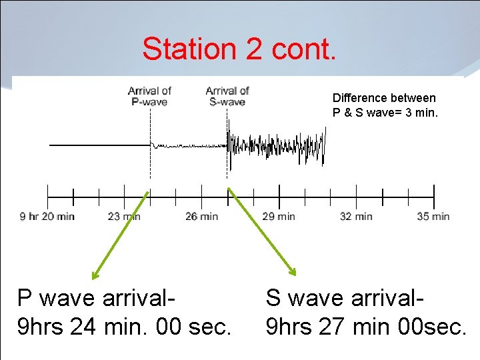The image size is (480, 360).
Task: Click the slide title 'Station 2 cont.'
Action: [x=239, y=49]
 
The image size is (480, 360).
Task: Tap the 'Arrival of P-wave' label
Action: [x=149, y=96]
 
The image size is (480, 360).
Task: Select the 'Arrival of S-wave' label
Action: [x=227, y=96]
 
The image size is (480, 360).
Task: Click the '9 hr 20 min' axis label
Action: [x=47, y=216]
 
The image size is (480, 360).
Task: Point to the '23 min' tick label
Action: [x=124, y=216]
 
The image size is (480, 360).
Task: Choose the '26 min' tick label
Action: [x=201, y=216]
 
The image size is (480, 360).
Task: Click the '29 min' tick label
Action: [x=279, y=216]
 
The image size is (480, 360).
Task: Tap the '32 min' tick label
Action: [x=356, y=216]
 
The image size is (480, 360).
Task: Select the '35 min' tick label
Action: [x=433, y=216]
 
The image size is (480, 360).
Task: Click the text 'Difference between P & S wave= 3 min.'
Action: [x=385, y=105]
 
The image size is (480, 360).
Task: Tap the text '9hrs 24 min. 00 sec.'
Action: [x=125, y=327]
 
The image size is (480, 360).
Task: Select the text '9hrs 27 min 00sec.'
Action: [x=365, y=327]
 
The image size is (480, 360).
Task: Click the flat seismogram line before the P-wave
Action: [x=100, y=145]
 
